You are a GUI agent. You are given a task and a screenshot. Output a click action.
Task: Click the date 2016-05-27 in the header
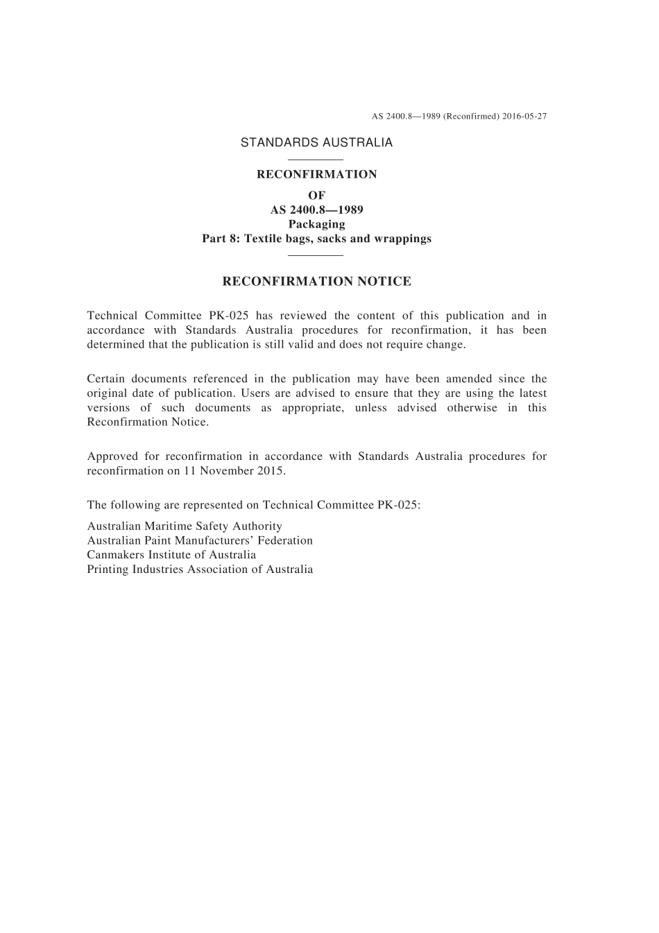[525, 116]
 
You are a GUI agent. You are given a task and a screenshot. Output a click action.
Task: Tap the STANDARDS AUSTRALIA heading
[316, 143]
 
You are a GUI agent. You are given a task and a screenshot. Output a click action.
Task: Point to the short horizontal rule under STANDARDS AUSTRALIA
[316, 160]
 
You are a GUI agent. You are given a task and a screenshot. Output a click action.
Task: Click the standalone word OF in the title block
[316, 196]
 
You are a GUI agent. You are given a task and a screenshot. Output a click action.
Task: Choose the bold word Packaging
[316, 224]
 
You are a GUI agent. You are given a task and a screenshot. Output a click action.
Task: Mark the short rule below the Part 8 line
[316, 255]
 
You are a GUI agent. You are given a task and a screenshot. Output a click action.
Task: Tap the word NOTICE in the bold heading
[384, 282]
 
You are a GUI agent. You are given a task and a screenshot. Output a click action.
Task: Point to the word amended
[472, 379]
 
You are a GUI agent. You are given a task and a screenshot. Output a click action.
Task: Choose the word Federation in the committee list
[285, 540]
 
